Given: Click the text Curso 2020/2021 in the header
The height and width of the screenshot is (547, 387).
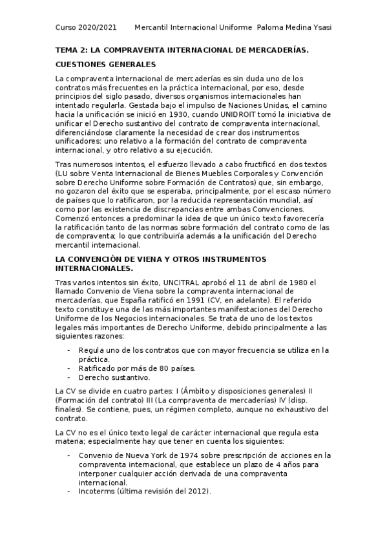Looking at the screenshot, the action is [x=86, y=27].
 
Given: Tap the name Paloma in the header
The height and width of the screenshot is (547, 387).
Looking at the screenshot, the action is [x=272, y=27].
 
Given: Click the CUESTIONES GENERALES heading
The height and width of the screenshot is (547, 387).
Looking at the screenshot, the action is [x=105, y=65].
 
